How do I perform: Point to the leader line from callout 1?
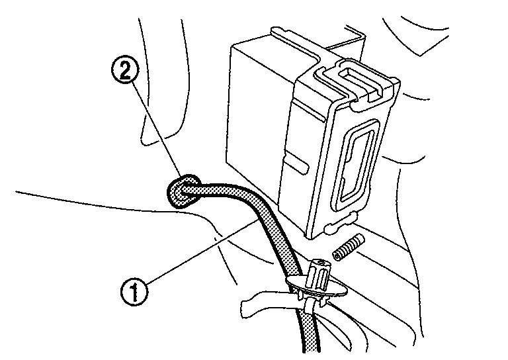tap(198, 255)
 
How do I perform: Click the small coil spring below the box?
tap(348, 247)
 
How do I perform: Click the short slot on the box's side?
tap(295, 161)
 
